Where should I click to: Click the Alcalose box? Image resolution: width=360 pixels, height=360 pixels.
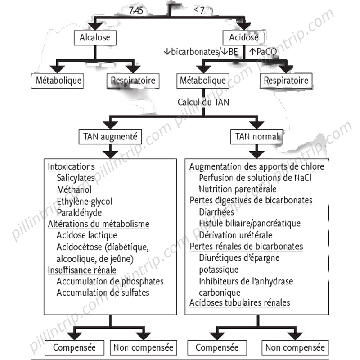[x=94, y=38]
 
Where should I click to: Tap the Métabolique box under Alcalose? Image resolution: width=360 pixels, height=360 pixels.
[x=59, y=81]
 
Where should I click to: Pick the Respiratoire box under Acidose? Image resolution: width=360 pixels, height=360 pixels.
[x=286, y=81]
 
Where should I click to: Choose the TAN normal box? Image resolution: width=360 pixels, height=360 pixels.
[x=256, y=136]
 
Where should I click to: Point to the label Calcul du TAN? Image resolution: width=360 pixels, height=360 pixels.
[x=203, y=102]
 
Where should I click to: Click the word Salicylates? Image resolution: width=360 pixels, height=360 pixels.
[x=76, y=177]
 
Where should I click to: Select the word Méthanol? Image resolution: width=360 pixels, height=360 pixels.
[x=74, y=189]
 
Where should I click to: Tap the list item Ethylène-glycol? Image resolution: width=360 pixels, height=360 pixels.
[x=85, y=201]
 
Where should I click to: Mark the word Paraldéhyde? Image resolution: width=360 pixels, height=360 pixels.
[x=79, y=212]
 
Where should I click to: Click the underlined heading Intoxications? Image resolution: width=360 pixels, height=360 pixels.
[x=72, y=166]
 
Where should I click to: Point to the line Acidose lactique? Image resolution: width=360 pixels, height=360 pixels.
[x=87, y=235]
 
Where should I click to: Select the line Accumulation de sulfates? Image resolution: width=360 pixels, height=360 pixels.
[x=103, y=293]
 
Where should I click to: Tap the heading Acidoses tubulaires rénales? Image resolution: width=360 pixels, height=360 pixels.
[x=240, y=303]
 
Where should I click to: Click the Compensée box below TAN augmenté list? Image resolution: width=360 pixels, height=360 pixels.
[x=75, y=347]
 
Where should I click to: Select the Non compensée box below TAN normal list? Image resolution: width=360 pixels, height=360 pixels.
[x=295, y=347]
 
